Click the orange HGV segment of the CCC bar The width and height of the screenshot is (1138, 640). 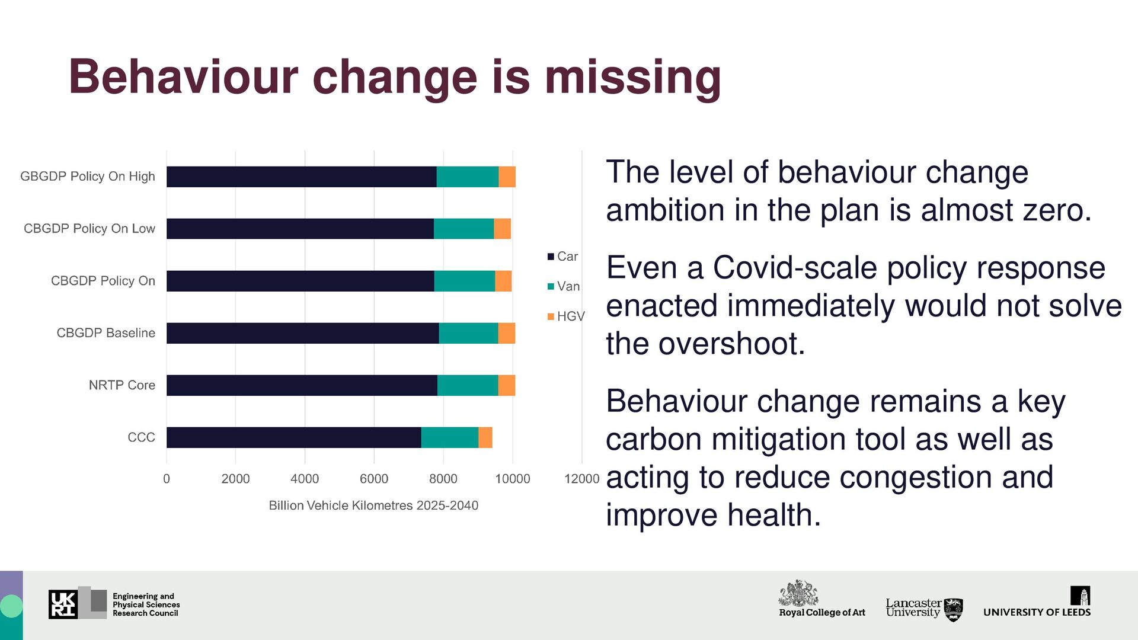485,437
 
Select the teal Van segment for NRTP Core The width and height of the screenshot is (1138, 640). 468,385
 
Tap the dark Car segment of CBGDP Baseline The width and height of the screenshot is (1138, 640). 302,333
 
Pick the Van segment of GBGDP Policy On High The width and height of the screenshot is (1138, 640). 468,177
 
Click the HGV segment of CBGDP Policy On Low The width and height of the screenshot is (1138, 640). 502,229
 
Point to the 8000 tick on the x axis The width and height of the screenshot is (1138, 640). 443,479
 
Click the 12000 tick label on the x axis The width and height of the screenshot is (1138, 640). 581,479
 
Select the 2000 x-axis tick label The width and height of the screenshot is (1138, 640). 235,479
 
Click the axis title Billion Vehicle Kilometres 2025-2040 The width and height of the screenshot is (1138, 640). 373,505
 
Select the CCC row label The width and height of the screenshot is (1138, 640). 141,437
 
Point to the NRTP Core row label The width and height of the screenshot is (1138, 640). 122,385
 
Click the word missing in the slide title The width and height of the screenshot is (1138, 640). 632,77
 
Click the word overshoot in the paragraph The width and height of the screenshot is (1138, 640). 731,344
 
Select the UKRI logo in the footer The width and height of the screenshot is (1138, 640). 63,604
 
